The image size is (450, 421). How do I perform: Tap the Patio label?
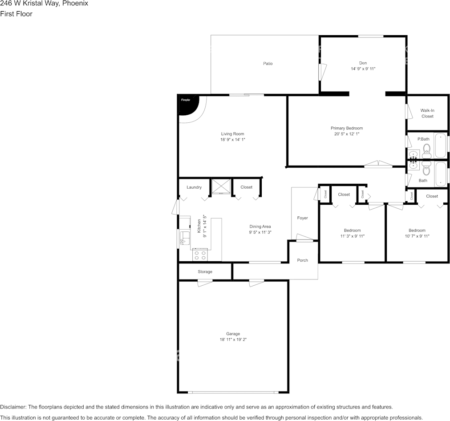coord(268,64)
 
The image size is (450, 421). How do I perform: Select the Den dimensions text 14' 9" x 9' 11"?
coord(363,69)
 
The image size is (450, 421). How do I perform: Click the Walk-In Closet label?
coord(427,113)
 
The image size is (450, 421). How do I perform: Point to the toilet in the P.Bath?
coord(426,148)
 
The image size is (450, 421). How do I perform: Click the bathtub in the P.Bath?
coord(440,145)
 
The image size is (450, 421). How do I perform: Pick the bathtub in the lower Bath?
coord(440,174)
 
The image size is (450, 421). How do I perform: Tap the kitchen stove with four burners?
coord(200,255)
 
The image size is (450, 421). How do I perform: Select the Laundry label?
coord(194,187)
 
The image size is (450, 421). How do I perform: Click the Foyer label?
coord(303,218)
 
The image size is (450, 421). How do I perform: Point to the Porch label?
coord(303,260)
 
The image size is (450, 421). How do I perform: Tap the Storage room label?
coord(205,271)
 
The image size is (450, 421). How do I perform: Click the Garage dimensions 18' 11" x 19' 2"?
coord(233,340)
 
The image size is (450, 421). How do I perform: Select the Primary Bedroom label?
coord(347,128)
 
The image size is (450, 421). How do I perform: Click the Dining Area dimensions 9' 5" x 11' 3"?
coord(260,232)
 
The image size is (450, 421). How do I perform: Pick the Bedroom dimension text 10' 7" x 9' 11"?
coord(417,236)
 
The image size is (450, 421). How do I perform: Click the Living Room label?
coord(233,134)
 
